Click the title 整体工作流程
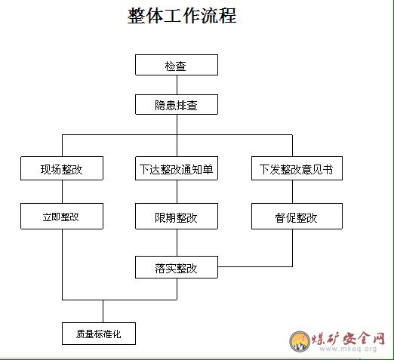(x=182, y=16)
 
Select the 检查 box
(x=177, y=65)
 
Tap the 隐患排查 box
(x=177, y=104)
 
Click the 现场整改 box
(x=62, y=168)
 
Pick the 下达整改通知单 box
(x=177, y=168)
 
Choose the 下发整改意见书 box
(x=297, y=168)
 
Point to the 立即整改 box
(x=62, y=216)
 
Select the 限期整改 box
(x=177, y=216)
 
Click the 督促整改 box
(x=297, y=216)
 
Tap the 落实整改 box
(x=177, y=267)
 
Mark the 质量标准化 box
(x=99, y=334)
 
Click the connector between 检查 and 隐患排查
(x=177, y=85)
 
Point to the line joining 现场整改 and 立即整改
(x=62, y=192)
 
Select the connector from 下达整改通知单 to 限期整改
(x=177, y=192)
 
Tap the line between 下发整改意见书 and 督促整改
(x=292, y=192)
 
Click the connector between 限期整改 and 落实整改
(x=177, y=242)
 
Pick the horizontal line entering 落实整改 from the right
(x=255, y=266)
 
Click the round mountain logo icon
(x=300, y=341)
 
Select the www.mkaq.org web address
(x=348, y=349)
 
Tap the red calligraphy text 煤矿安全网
(x=348, y=338)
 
